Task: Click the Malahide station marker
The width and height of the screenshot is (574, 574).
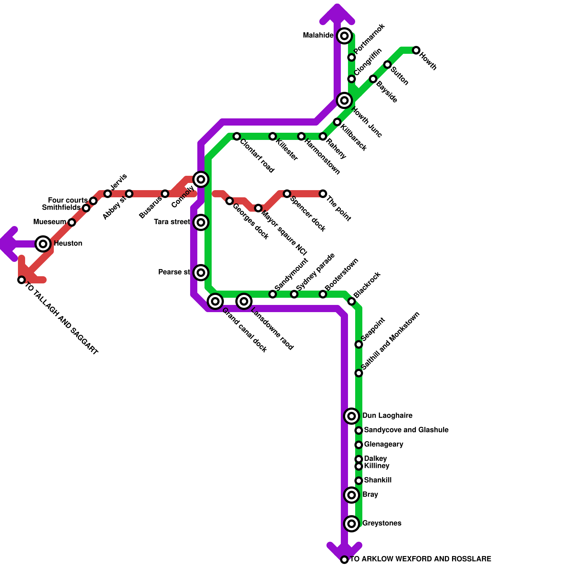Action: [344, 36]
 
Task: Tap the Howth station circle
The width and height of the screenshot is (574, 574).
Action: [416, 50]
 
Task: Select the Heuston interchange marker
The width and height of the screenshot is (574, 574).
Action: [43, 244]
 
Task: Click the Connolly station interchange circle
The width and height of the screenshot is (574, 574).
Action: [201, 179]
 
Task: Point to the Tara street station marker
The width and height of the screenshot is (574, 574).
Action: [201, 222]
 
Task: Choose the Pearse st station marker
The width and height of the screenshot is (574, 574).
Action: [201, 273]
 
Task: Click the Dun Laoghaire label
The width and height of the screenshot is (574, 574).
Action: [387, 416]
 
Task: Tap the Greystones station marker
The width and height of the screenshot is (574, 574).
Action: [352, 524]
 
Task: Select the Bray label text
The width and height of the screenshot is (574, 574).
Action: [370, 495]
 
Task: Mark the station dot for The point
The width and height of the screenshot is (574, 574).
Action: [323, 194]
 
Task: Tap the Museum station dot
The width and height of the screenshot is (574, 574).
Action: [72, 222]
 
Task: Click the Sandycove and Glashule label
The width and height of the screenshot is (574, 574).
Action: [406, 430]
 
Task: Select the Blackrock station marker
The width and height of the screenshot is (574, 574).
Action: [352, 301]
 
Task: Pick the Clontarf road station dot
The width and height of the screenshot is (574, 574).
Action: [237, 136]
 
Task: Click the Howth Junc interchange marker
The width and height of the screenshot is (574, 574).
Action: [344, 100]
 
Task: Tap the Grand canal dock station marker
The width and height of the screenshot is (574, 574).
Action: [215, 301]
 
